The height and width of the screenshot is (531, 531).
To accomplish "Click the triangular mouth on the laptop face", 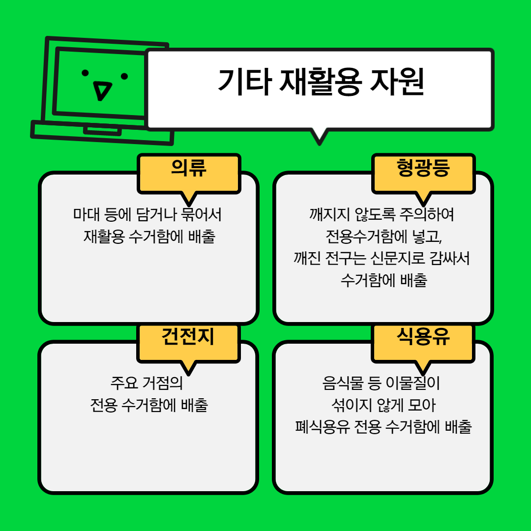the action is tap(102, 90).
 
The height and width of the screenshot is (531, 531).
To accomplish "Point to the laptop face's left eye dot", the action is tap(85, 73).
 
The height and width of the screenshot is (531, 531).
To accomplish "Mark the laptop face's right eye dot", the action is tap(124, 76).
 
